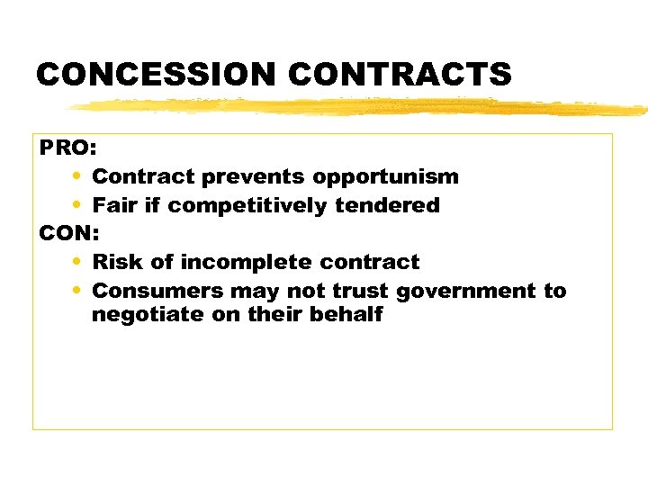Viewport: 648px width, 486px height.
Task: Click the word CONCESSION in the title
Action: click(x=153, y=74)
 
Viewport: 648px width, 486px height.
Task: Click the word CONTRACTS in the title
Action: click(x=396, y=74)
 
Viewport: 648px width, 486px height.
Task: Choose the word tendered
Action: click(x=388, y=205)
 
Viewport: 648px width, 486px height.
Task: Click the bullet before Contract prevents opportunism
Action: click(x=75, y=176)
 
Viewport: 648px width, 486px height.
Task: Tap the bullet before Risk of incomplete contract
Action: click(x=75, y=262)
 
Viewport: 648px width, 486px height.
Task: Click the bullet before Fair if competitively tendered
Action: click(x=75, y=205)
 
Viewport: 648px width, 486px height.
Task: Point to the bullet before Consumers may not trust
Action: click(x=75, y=291)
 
